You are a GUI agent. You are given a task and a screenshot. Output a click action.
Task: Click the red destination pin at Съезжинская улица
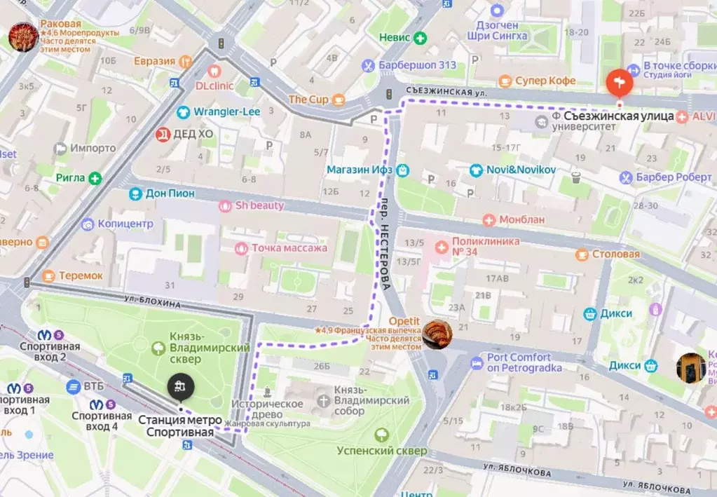(x=619, y=84)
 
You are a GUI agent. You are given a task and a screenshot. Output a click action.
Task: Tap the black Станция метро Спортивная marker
(x=180, y=386)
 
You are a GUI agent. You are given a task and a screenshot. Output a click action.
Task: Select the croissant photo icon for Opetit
(x=437, y=334)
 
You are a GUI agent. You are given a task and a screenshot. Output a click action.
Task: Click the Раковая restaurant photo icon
(x=23, y=36)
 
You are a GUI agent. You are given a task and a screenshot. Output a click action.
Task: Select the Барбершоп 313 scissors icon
(x=367, y=66)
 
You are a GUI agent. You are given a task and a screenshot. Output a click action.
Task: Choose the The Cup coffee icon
(x=339, y=100)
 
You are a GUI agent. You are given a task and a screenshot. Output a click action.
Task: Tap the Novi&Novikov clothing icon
(x=476, y=170)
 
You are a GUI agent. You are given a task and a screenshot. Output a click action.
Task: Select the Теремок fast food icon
(x=48, y=276)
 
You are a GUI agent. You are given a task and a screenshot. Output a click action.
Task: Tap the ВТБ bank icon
(x=74, y=386)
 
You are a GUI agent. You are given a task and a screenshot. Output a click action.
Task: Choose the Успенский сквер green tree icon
(x=381, y=435)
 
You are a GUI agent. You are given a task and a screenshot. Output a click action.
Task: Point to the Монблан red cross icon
(x=489, y=219)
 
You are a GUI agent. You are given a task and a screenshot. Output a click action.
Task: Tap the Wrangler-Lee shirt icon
(x=183, y=111)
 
